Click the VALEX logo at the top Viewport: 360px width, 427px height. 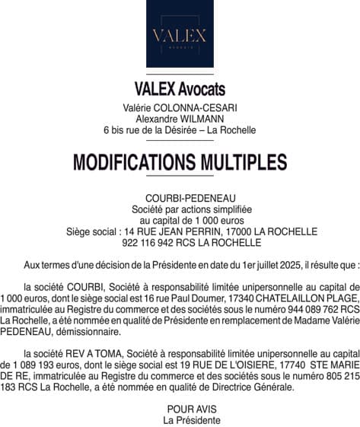point(180,34)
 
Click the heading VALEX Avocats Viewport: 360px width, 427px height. point(180,89)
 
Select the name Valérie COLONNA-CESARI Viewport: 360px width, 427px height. point(180,108)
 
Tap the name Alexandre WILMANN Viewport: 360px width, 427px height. point(180,119)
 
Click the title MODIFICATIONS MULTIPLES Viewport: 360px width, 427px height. point(180,163)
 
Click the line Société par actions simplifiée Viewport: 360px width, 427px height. point(180,209)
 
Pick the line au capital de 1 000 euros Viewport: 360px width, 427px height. point(180,220)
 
